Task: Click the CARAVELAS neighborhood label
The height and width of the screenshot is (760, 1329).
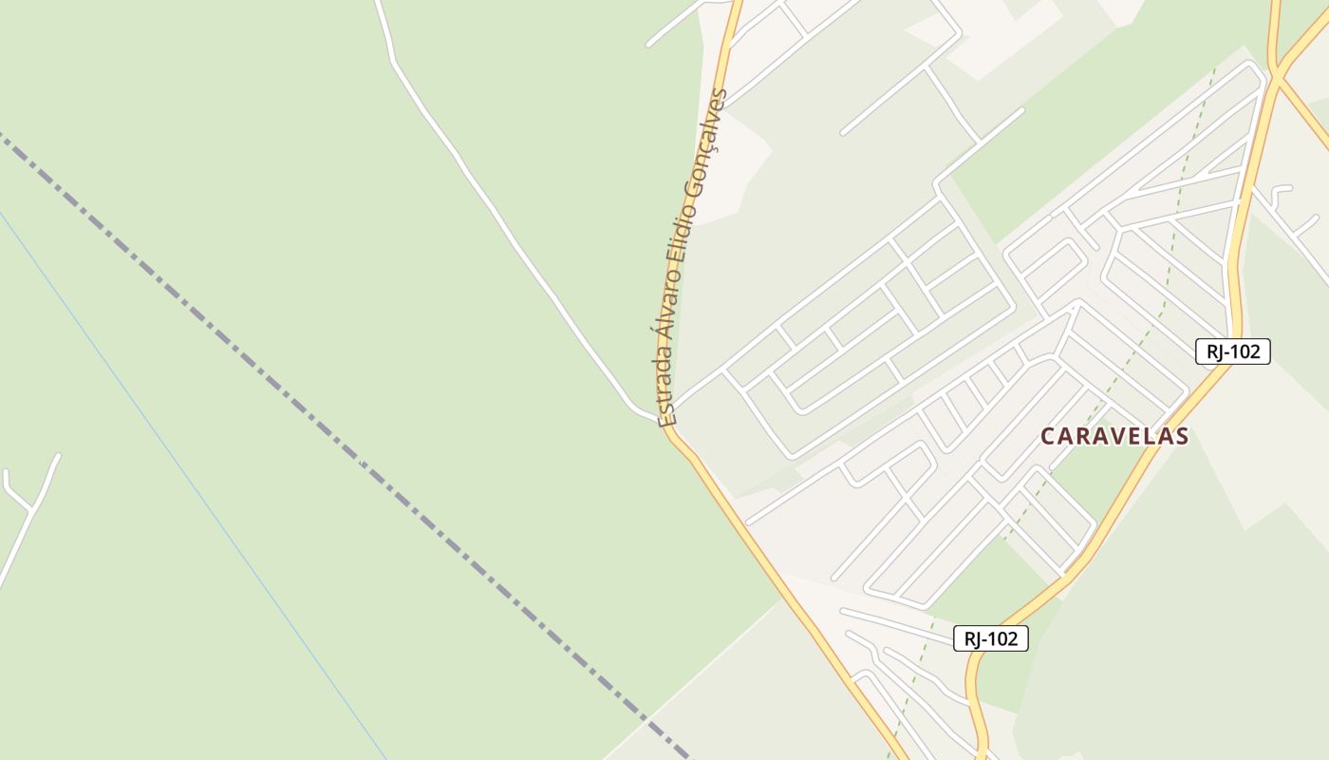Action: point(1114,436)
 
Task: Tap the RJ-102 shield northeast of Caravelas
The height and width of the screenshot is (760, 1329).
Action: point(1232,351)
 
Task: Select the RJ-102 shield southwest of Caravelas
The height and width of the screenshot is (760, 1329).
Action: point(990,639)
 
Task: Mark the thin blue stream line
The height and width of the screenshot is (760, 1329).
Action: point(190,475)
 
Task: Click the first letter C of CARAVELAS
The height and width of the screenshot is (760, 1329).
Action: point(1048,437)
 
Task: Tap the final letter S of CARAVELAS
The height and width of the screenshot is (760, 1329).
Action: point(1182,437)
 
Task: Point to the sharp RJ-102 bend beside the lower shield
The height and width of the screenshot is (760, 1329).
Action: point(972,665)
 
